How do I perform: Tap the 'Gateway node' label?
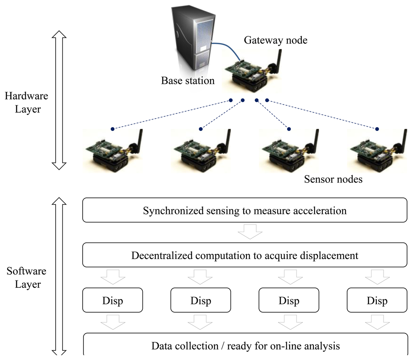click(x=275, y=40)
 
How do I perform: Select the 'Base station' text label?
click(x=188, y=81)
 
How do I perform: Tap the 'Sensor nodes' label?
click(x=333, y=179)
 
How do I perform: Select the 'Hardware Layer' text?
click(x=27, y=103)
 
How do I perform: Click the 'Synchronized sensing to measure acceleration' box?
click(x=244, y=210)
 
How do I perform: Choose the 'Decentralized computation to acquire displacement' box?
click(x=244, y=255)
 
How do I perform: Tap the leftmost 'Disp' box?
click(x=113, y=300)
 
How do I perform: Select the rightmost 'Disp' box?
click(x=377, y=300)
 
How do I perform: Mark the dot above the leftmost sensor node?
click(x=113, y=129)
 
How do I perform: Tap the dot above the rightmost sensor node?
click(x=377, y=129)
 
